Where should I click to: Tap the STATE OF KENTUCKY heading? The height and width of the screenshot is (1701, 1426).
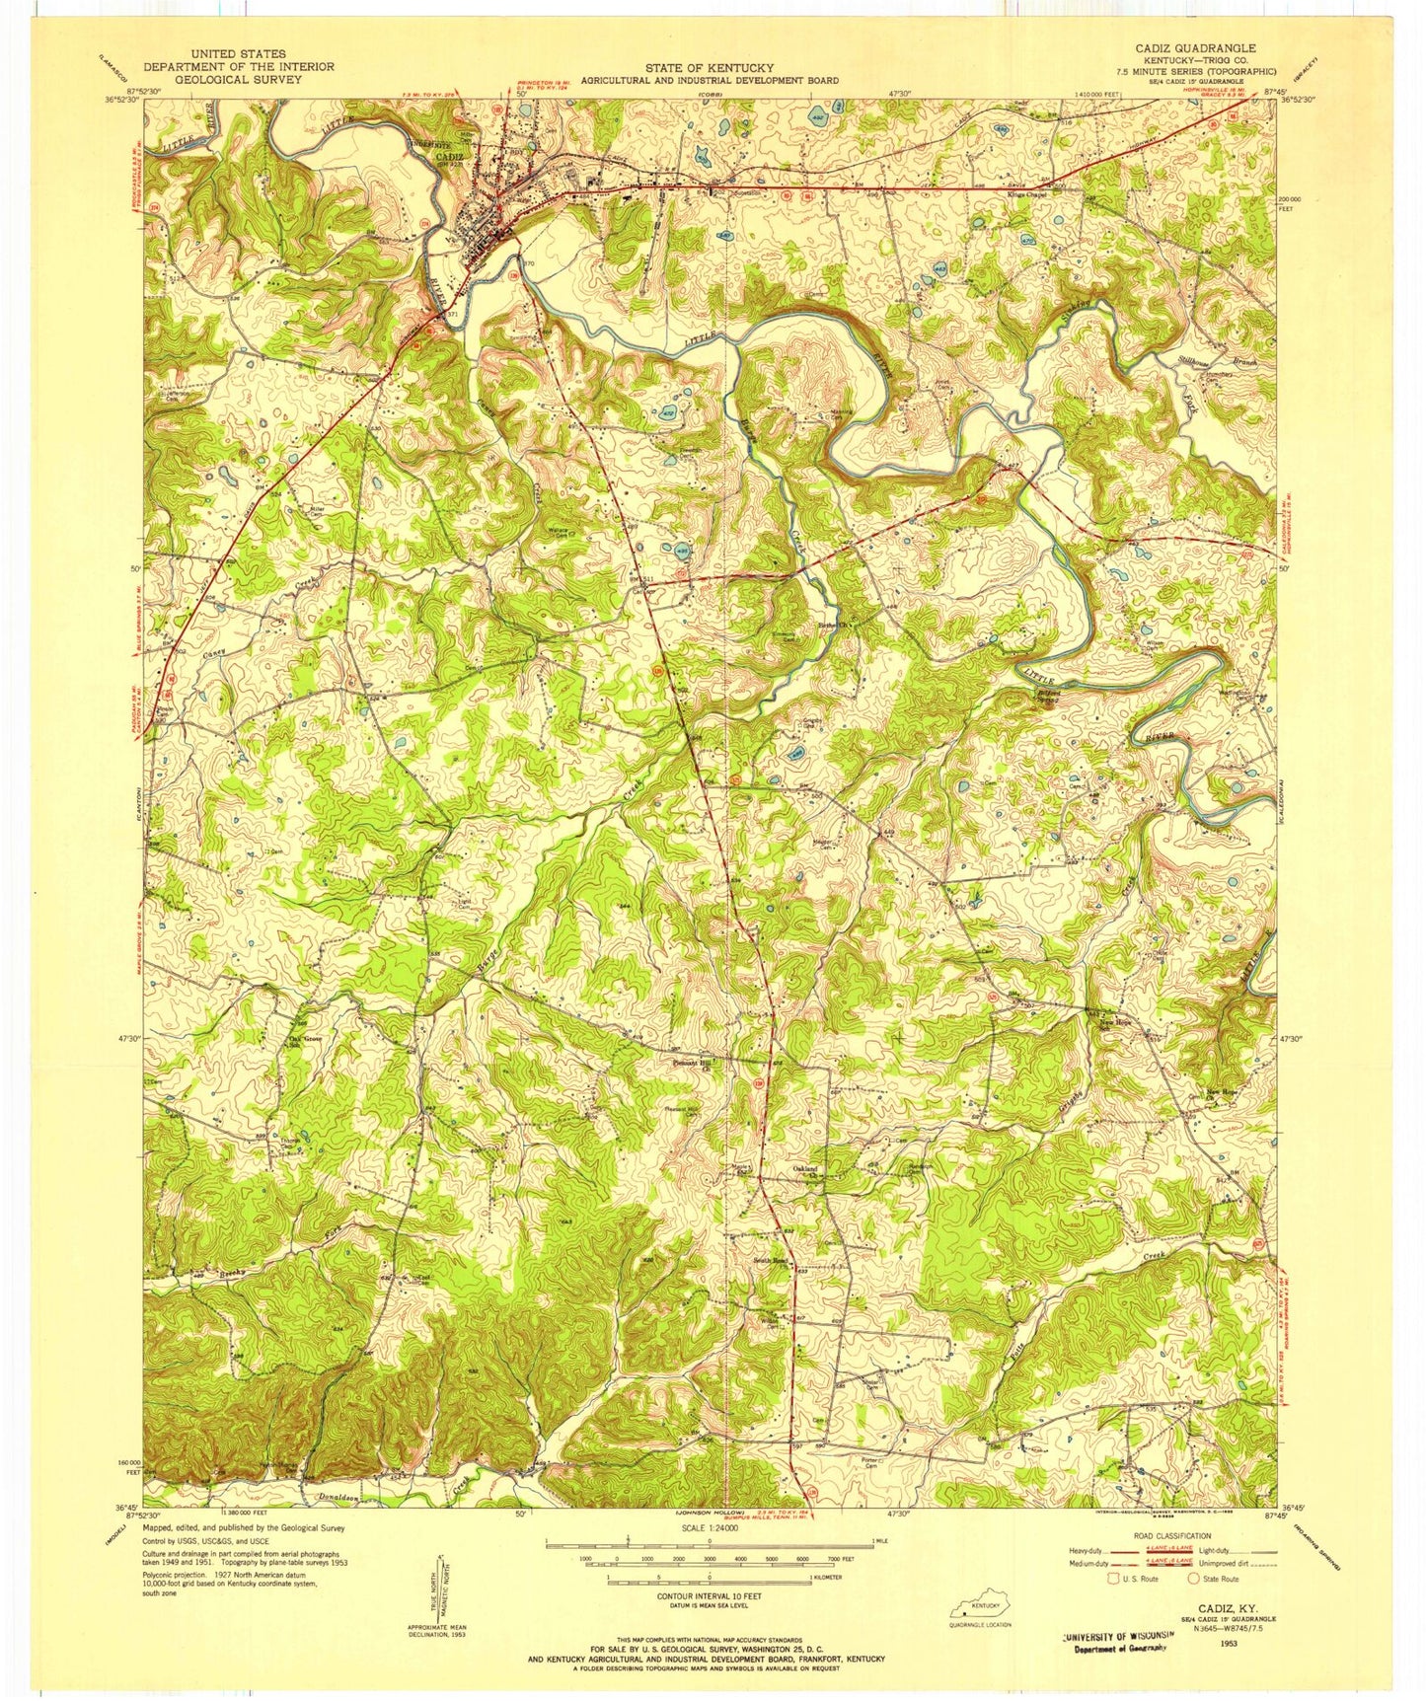point(709,67)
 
